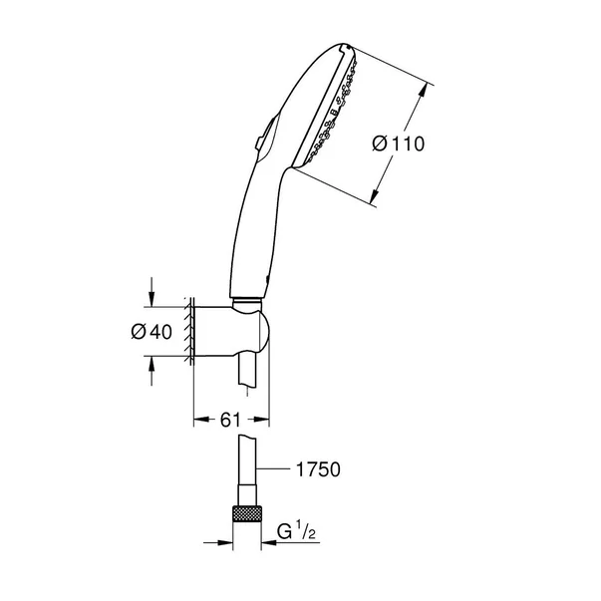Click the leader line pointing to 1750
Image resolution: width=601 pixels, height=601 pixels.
coord(279,468)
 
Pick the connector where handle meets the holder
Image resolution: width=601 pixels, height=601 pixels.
coord(247,298)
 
